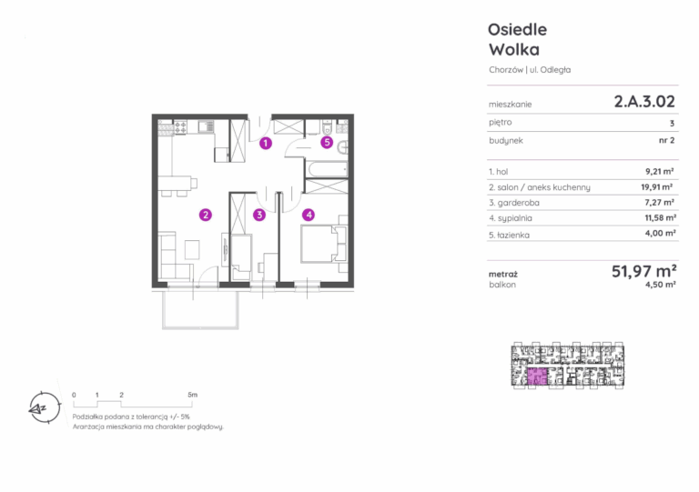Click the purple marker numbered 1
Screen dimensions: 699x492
coord(266,144)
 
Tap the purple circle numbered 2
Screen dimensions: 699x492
coord(206,215)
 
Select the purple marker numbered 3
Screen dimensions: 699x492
coord(259,215)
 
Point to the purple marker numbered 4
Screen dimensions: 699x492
coord(309,215)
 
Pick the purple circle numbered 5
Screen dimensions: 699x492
coord(328,143)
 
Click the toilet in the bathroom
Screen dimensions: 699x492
coord(327,127)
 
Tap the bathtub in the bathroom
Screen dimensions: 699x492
coord(327,169)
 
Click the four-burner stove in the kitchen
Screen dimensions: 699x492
coord(180,127)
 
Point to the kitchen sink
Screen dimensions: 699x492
coord(206,126)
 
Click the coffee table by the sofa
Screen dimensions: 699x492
coord(192,249)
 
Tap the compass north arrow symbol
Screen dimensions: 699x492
coord(44,407)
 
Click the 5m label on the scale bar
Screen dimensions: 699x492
coord(192,395)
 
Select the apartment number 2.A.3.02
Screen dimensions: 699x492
coord(644,102)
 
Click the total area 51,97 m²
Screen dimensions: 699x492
coord(644,271)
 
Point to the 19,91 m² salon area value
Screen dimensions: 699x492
coord(657,187)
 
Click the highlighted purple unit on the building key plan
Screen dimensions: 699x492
coord(537,377)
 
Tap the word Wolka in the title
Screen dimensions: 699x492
coord(514,49)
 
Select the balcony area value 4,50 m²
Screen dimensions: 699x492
coord(660,285)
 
